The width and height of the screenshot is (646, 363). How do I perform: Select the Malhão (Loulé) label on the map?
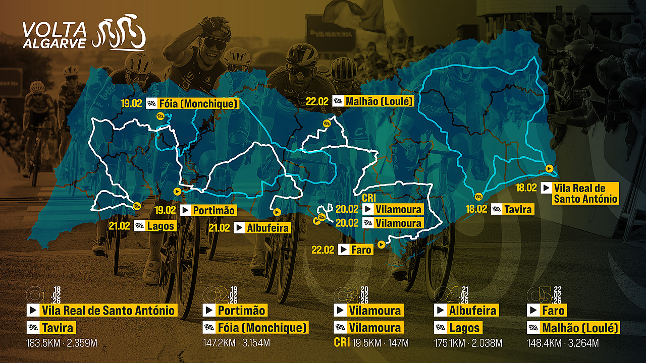tap(373, 101)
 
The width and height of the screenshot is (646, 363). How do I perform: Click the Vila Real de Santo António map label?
tap(579, 193)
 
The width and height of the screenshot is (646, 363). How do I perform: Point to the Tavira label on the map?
tap(512, 209)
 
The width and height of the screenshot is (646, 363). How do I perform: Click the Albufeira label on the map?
tap(262, 228)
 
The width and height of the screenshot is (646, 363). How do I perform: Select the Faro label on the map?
tap(356, 249)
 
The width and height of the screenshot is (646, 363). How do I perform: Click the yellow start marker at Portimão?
tap(177, 191)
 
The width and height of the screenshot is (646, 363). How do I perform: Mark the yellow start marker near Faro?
tap(381, 245)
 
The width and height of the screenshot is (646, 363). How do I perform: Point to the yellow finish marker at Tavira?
tap(479, 196)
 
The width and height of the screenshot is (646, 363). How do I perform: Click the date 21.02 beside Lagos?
tap(119, 226)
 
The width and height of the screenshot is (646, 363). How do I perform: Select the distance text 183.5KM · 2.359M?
tap(62, 344)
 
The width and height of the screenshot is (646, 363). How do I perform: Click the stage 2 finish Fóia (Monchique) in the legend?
tap(256, 328)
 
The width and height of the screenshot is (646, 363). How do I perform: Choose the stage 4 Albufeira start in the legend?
tap(466, 310)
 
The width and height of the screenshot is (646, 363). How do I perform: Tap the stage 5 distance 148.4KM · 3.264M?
tap(563, 344)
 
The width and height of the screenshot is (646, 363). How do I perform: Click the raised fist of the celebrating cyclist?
tap(214, 24)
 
